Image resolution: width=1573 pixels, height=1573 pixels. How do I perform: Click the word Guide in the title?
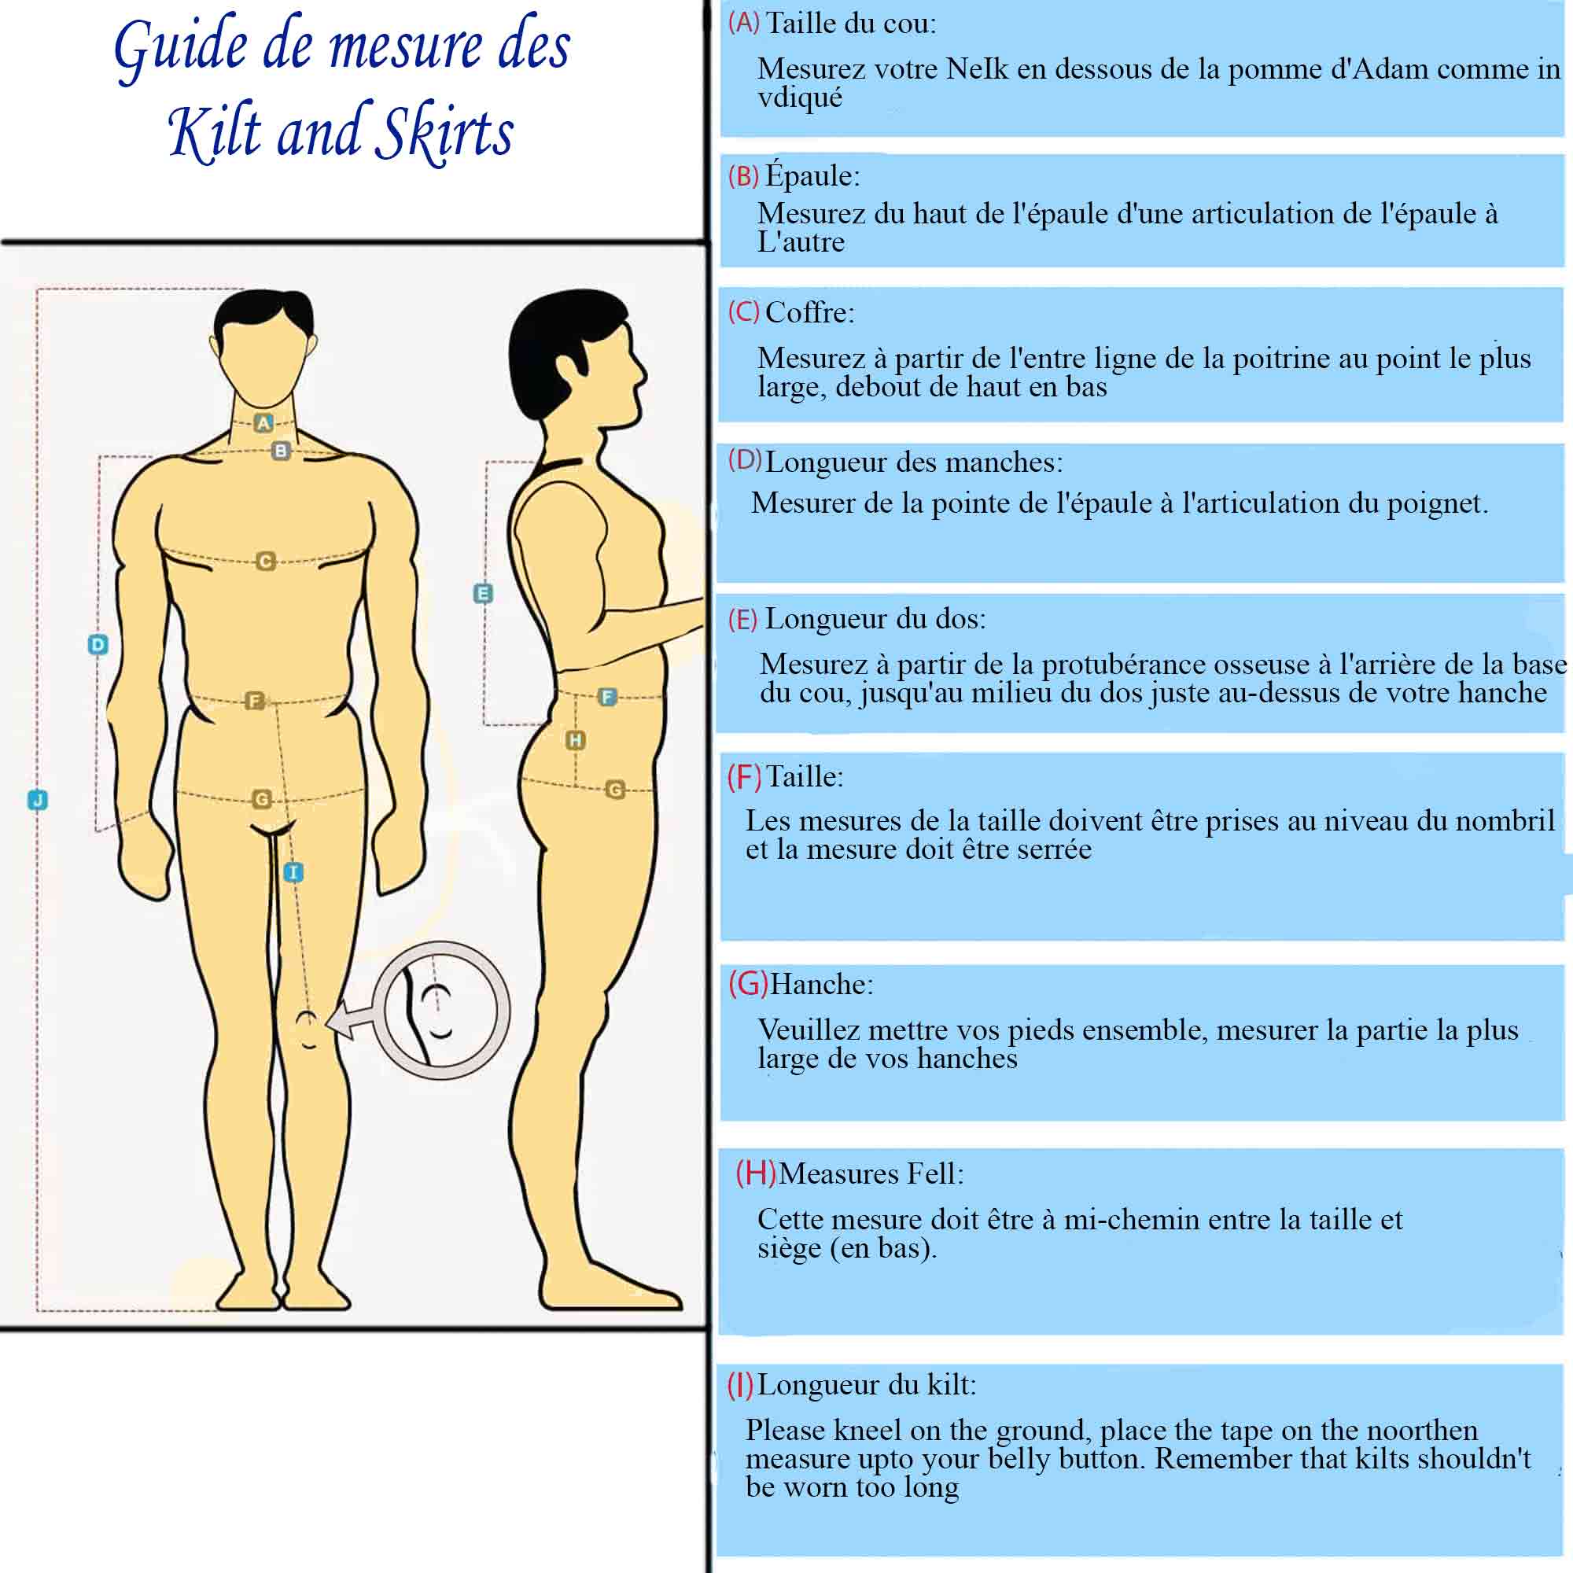click(x=181, y=47)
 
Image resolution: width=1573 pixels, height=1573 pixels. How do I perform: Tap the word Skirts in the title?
click(x=448, y=134)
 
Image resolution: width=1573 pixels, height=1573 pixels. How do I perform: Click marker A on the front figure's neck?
click(x=263, y=422)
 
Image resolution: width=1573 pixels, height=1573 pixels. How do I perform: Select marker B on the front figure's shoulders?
click(x=281, y=450)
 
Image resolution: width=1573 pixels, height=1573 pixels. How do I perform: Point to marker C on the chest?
click(x=265, y=561)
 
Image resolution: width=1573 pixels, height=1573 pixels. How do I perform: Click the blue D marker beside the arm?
click(x=98, y=645)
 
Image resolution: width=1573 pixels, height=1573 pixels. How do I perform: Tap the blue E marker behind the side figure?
click(x=483, y=593)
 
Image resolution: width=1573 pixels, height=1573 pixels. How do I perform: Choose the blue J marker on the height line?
click(x=38, y=800)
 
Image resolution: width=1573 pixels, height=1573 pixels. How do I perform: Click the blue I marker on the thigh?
click(x=293, y=872)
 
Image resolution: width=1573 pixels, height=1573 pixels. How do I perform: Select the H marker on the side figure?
click(x=576, y=740)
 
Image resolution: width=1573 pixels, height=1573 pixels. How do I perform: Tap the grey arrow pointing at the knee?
click(x=352, y=1019)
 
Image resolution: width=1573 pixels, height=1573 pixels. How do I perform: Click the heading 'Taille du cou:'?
click(x=851, y=24)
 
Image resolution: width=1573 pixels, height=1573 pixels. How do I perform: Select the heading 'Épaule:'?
click(x=812, y=176)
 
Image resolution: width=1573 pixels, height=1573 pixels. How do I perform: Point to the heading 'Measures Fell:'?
click(x=871, y=1173)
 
